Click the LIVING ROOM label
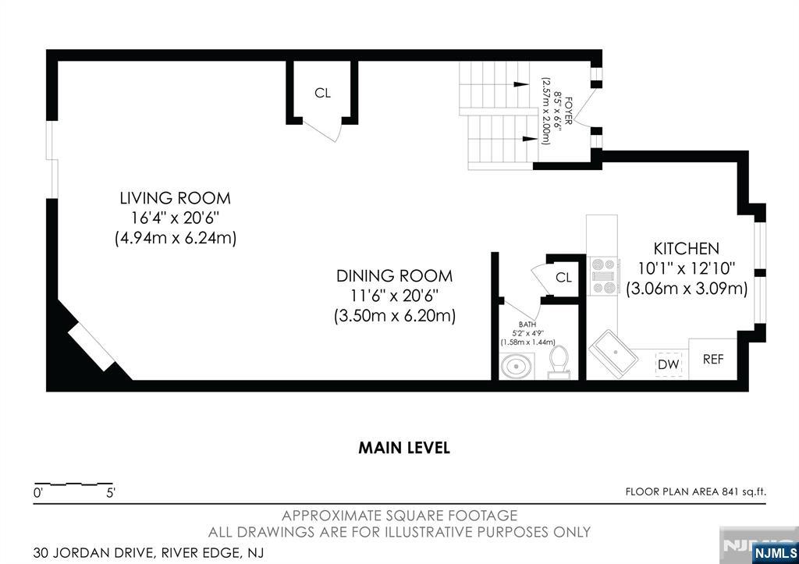tap(175, 198)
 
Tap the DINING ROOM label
tap(394, 276)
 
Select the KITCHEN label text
tap(686, 249)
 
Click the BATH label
tap(527, 325)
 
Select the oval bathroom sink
tap(515, 366)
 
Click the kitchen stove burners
tap(603, 276)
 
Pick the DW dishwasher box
tap(668, 364)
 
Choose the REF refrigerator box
tap(713, 360)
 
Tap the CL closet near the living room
tap(322, 93)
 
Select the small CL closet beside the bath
tap(563, 278)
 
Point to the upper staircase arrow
tap(520, 84)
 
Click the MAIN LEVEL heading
tap(403, 448)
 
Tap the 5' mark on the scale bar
tap(111, 493)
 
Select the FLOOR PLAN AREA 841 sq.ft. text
tap(696, 491)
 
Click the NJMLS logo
tap(774, 553)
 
